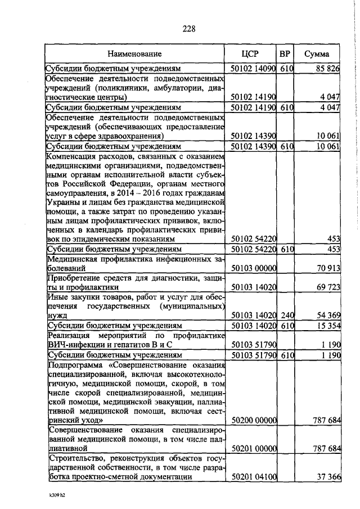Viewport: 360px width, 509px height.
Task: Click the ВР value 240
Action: pos(287,316)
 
